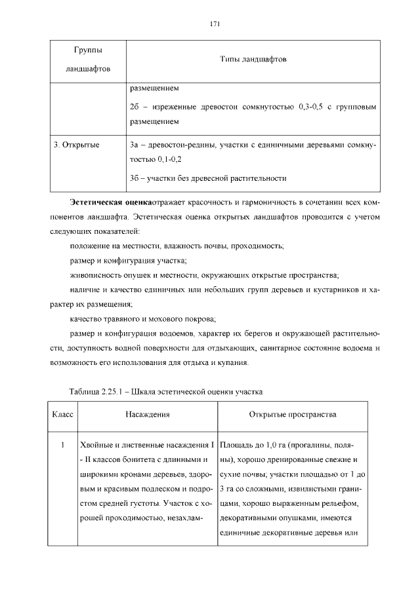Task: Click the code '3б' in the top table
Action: (135, 177)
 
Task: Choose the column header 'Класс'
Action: (62, 414)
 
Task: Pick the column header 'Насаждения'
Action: (148, 414)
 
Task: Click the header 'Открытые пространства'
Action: (293, 414)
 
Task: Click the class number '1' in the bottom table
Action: (62, 446)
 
